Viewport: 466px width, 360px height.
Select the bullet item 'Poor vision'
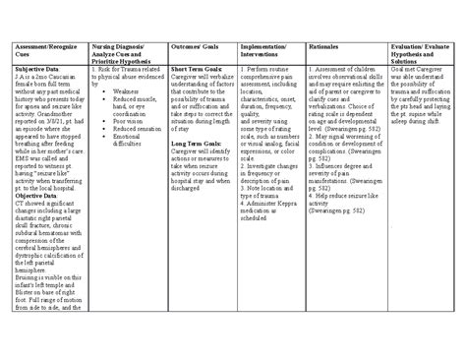pyautogui.click(x=128, y=120)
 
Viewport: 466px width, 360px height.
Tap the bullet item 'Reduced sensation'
pyautogui.click(x=136, y=128)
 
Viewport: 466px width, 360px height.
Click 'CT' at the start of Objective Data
pyautogui.click(x=22, y=205)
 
